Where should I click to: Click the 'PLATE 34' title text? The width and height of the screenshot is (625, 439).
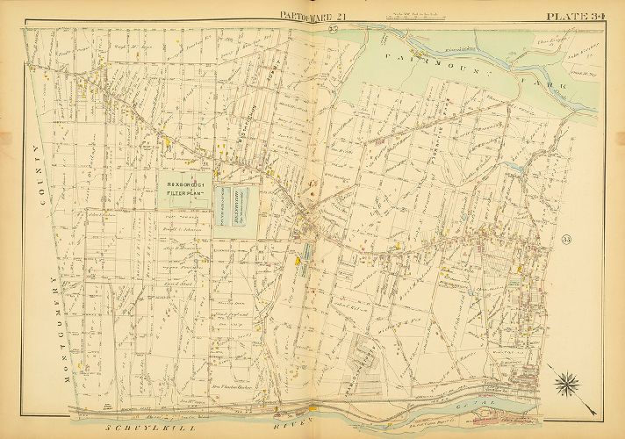point(582,14)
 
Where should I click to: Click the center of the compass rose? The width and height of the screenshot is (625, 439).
point(567,383)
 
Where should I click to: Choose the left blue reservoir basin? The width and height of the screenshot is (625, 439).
point(226,212)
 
